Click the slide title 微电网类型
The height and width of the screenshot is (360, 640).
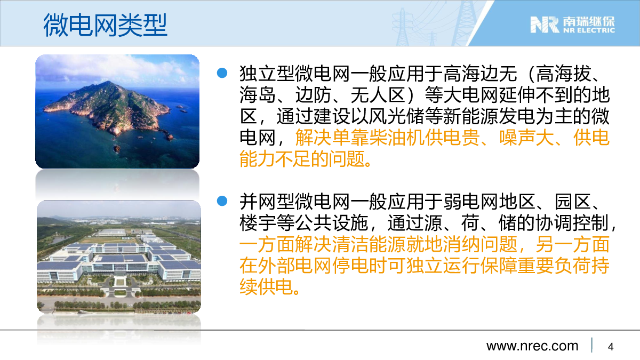point(105,25)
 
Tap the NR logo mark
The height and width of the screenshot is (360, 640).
point(545,25)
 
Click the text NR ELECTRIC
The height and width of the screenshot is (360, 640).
point(589,30)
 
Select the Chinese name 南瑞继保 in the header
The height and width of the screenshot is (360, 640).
point(589,21)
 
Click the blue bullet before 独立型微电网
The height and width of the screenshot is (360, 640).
point(222,73)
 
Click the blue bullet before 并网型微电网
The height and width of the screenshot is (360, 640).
point(222,201)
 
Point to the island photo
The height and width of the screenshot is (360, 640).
point(117,111)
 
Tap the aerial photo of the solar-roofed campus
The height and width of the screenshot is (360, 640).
point(119,257)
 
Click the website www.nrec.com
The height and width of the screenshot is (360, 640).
point(532,346)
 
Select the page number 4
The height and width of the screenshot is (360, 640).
point(611,347)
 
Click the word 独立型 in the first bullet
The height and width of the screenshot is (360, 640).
point(267,74)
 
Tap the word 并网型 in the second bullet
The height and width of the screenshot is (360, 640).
point(267,202)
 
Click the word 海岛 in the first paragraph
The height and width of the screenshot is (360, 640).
point(258,95)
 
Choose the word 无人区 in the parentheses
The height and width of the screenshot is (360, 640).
point(379,95)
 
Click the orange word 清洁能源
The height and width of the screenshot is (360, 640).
point(369,245)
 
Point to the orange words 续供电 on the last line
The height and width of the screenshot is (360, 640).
point(267,287)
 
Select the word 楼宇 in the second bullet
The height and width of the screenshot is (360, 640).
point(258,223)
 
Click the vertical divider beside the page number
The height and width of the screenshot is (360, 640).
point(591,345)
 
